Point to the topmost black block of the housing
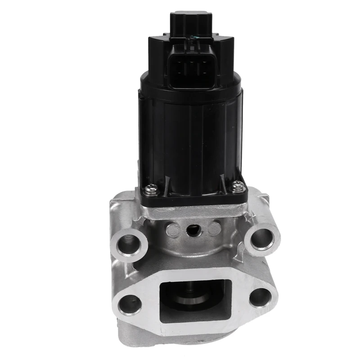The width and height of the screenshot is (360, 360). pyautogui.click(x=191, y=20)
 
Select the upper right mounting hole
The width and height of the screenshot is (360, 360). pyautogui.click(x=263, y=238)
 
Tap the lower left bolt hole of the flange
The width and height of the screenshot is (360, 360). pyautogui.click(x=130, y=304)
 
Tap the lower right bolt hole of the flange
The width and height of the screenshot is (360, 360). pyautogui.click(x=261, y=297)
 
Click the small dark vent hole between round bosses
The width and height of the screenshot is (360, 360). pyautogui.click(x=194, y=230)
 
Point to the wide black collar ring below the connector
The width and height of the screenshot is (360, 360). pyautogui.click(x=191, y=88)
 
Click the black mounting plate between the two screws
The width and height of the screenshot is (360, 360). pyautogui.click(x=193, y=196)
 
